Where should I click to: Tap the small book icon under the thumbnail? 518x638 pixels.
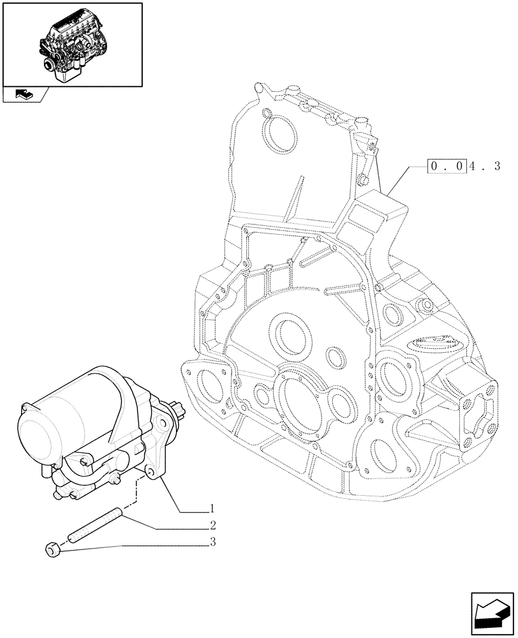coord(24,94)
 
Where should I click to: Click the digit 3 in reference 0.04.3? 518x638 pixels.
coord(496,167)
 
